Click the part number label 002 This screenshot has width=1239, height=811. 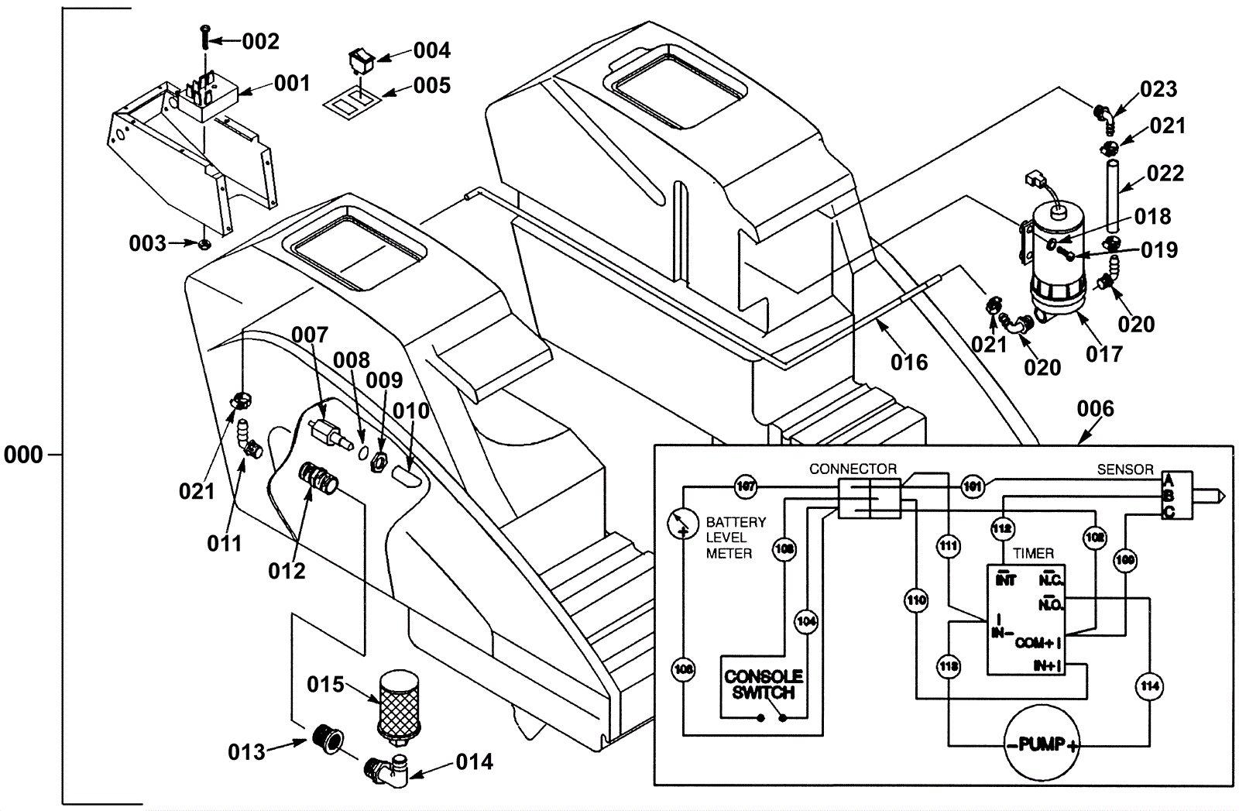(260, 41)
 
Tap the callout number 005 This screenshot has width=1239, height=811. (431, 85)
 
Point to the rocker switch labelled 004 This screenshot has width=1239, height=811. (360, 59)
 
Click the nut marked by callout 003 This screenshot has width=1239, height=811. (204, 245)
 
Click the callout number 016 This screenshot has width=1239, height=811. (908, 362)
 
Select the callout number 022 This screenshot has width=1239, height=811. (1165, 174)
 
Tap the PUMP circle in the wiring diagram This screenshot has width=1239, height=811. (1041, 745)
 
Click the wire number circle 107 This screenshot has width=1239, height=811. (745, 487)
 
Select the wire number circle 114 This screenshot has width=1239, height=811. (1149, 686)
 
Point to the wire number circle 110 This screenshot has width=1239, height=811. (916, 600)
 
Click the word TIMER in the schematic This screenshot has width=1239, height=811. (1033, 553)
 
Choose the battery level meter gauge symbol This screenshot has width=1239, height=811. (682, 524)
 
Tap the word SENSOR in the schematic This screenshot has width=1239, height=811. (1124, 469)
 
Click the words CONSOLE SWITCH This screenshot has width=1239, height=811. (763, 685)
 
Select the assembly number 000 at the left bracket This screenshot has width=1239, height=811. (23, 454)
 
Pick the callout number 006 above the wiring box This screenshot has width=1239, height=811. (1095, 408)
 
